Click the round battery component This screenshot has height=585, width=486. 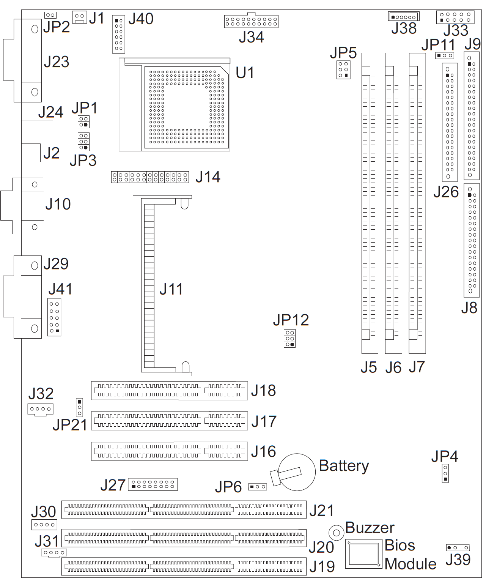pyautogui.click(x=297, y=472)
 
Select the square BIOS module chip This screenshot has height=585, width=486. pyautogui.click(x=363, y=554)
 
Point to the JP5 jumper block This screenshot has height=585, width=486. pyautogui.click(x=343, y=70)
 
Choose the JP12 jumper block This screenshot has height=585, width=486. pyautogui.click(x=289, y=339)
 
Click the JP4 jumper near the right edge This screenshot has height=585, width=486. pyautogui.click(x=445, y=473)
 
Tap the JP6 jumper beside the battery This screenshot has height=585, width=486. pyautogui.click(x=257, y=487)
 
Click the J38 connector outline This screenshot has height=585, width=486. pyautogui.click(x=403, y=17)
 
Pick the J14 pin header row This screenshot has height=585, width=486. pyautogui.click(x=150, y=177)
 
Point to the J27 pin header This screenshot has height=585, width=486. pyautogui.click(x=153, y=485)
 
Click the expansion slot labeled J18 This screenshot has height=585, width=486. pyautogui.click(x=169, y=391)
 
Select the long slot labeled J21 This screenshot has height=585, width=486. pyautogui.click(x=184, y=510)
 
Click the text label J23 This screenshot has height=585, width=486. pyautogui.click(x=57, y=62)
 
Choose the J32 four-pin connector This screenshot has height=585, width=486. pyautogui.click(x=40, y=409)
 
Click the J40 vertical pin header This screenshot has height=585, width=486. pyautogui.click(x=119, y=35)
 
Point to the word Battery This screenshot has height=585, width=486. pyautogui.click(x=344, y=466)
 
